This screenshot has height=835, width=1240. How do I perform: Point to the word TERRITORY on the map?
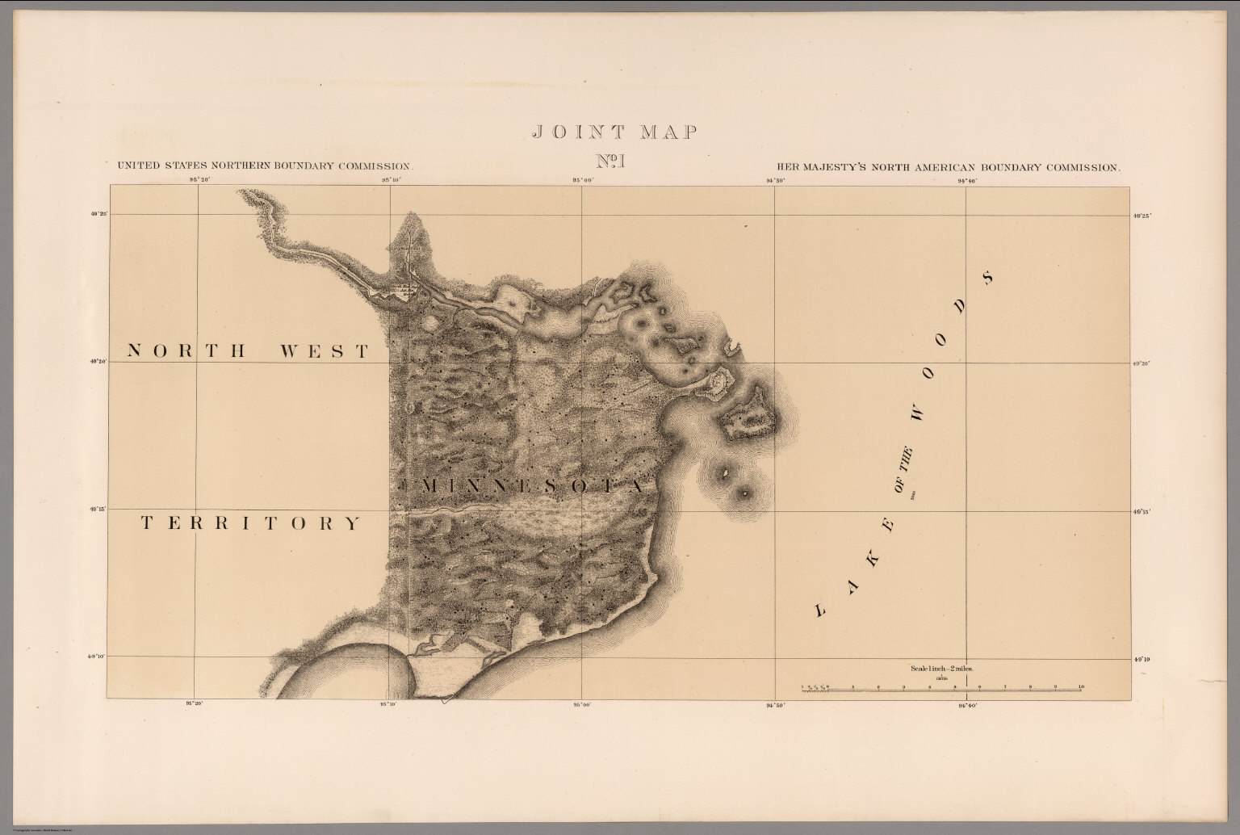tap(251, 523)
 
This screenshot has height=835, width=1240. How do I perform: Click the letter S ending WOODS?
tap(987, 279)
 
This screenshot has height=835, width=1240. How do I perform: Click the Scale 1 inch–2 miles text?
tap(941, 669)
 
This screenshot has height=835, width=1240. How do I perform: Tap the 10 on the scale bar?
tap(1080, 686)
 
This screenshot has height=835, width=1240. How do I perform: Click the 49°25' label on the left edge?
tap(99, 214)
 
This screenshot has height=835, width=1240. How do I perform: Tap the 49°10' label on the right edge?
tap(1141, 660)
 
